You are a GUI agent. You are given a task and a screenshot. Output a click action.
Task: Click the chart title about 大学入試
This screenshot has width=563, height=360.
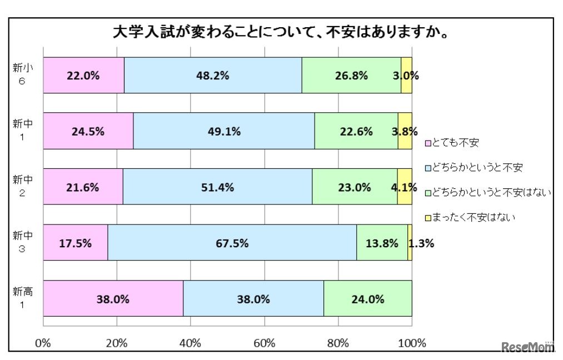(x=281, y=32)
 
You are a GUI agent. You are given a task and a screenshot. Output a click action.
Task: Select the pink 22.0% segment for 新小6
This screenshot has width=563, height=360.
(x=83, y=76)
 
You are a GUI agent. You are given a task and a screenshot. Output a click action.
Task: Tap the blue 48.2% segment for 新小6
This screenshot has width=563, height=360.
(x=213, y=76)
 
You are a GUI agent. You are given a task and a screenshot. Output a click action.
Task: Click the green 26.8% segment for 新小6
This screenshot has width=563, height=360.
(x=351, y=76)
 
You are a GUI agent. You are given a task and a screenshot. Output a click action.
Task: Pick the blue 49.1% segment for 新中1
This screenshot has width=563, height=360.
(x=224, y=131)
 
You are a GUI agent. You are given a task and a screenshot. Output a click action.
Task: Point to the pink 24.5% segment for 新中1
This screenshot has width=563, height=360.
(x=88, y=131)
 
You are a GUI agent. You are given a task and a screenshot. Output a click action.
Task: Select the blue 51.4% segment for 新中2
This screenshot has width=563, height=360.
(x=217, y=187)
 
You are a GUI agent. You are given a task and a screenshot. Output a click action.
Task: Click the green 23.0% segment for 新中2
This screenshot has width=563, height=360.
(x=355, y=187)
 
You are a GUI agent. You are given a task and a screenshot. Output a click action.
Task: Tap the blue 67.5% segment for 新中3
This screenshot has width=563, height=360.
(x=232, y=243)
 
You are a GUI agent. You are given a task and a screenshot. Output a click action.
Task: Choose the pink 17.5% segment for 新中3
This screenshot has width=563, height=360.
(x=75, y=243)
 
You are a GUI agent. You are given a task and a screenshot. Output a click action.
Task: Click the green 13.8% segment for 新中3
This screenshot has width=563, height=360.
(x=382, y=243)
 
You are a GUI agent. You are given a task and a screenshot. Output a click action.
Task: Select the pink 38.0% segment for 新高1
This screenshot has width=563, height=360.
(x=113, y=299)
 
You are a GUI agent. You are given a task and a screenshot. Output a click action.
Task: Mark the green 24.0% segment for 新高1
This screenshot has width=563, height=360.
(x=367, y=299)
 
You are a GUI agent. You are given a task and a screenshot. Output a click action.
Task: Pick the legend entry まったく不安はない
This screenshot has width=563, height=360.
(x=473, y=217)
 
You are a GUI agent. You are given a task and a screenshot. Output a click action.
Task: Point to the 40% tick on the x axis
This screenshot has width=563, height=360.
(x=191, y=342)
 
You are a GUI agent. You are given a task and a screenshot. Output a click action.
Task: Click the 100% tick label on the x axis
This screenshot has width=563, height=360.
(x=411, y=342)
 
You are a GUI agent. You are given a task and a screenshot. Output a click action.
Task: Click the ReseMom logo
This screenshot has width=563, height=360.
(x=528, y=348)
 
